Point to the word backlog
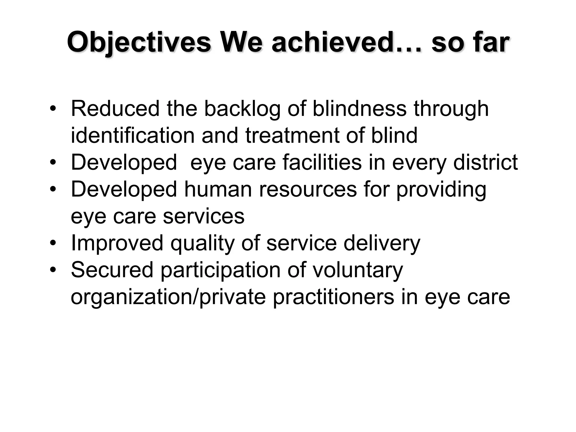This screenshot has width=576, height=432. pos(242,109)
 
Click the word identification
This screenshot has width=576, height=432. pos(133,135)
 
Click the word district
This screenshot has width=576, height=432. pos(486,162)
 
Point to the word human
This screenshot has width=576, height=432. pos(218,189)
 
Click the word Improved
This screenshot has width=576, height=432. pos(117,243)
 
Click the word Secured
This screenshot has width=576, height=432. pos(112,270)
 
